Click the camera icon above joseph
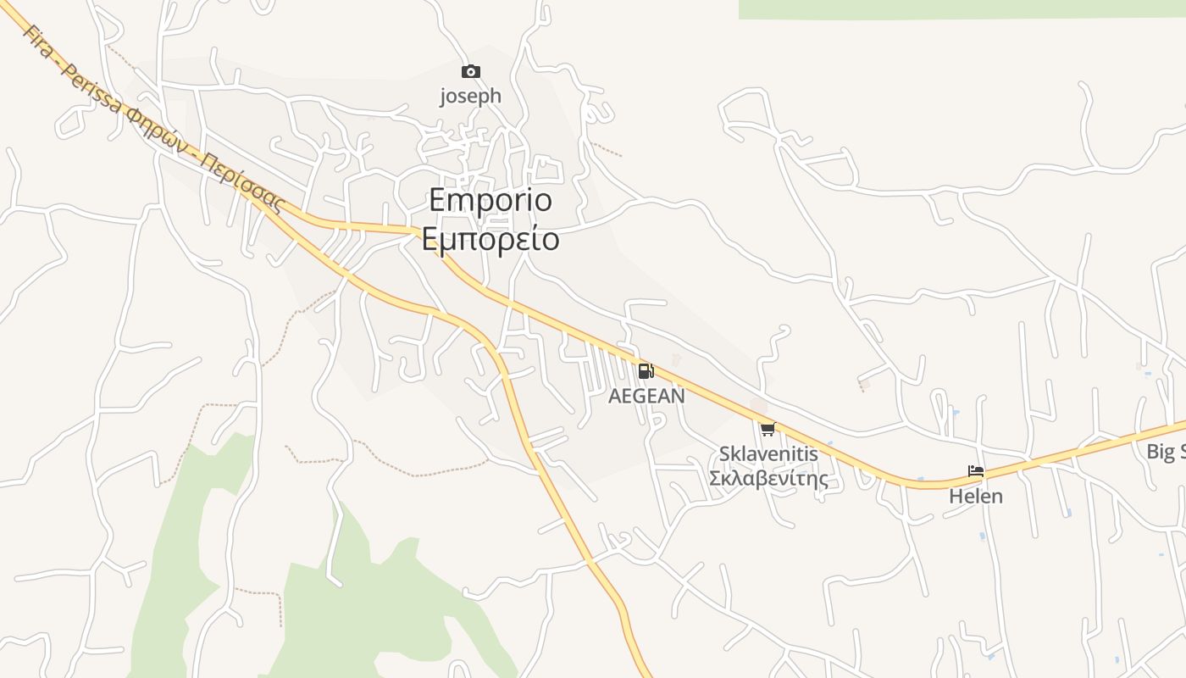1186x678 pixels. (x=470, y=72)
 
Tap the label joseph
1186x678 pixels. (x=470, y=96)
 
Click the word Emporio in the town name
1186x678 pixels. (x=490, y=201)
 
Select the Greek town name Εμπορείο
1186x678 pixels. (x=490, y=239)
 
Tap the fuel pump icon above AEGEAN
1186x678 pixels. (x=646, y=370)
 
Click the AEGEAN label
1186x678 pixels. (x=646, y=396)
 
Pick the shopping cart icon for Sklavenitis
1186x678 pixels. (x=768, y=429)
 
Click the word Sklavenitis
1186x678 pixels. (x=768, y=453)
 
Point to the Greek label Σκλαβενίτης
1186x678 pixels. (x=768, y=478)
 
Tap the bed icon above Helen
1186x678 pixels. (x=976, y=471)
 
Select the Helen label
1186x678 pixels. (x=976, y=496)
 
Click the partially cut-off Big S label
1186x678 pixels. (x=1166, y=452)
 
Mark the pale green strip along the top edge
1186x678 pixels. (x=962, y=8)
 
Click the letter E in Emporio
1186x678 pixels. (x=437, y=201)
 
